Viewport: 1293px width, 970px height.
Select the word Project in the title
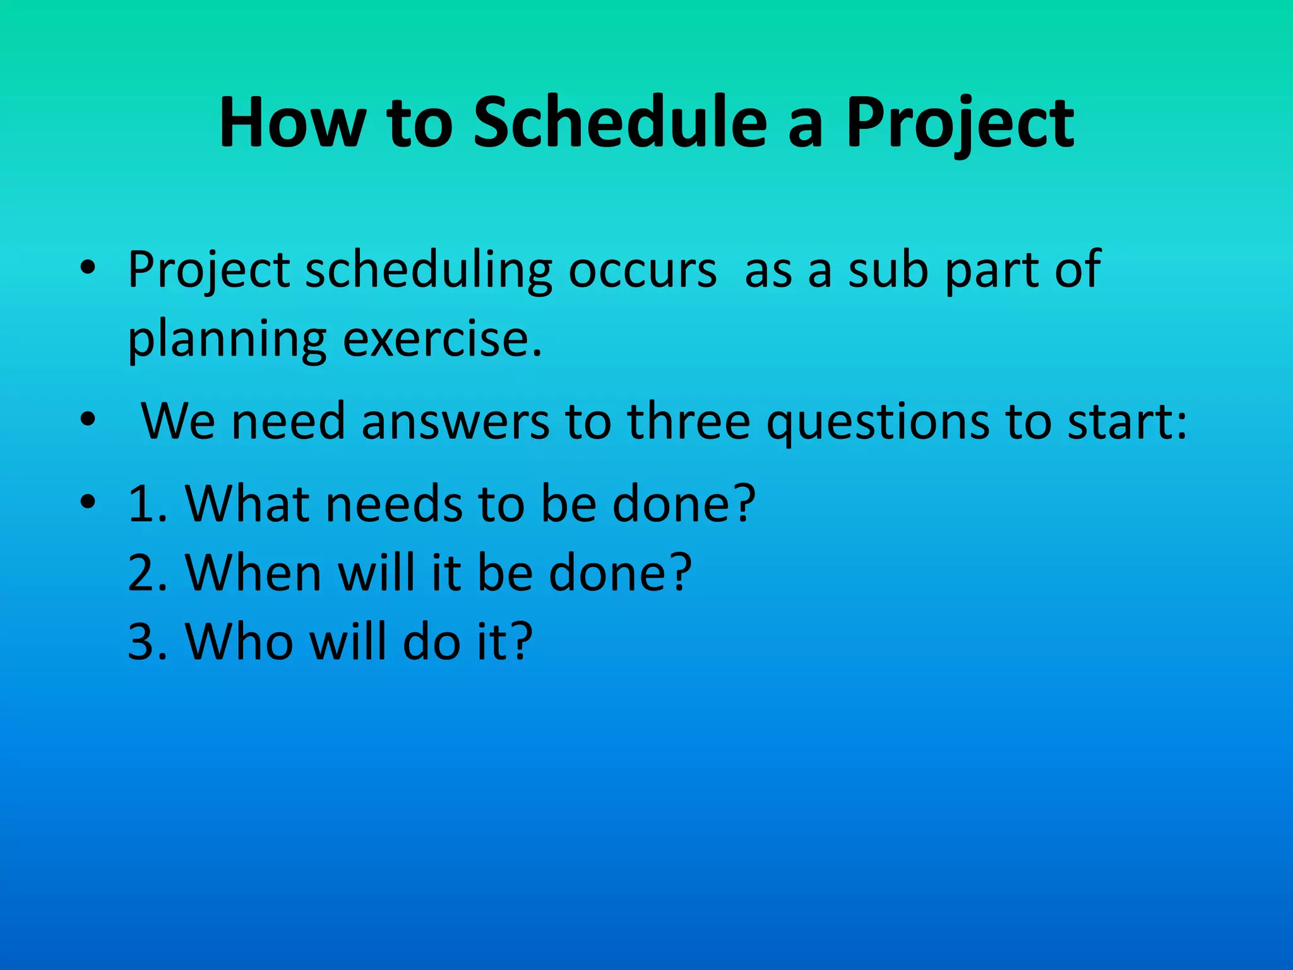point(960,123)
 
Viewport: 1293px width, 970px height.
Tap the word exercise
point(442,340)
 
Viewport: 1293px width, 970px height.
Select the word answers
point(455,421)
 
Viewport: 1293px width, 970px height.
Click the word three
point(689,421)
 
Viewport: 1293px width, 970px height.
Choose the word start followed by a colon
point(1120,421)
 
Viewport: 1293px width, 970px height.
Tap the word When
point(253,573)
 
